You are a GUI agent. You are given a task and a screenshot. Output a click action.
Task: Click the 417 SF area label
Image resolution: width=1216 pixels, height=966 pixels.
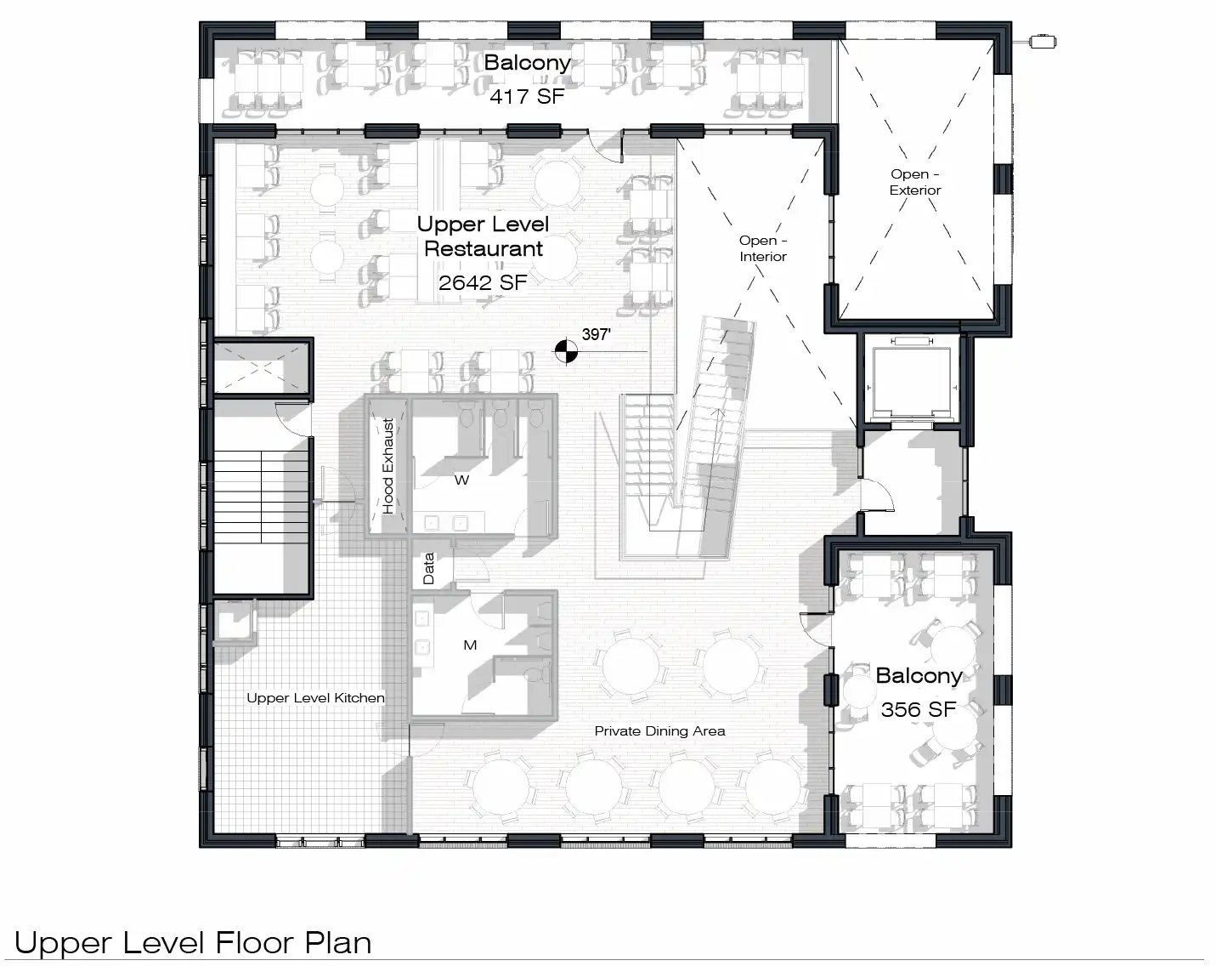click(527, 97)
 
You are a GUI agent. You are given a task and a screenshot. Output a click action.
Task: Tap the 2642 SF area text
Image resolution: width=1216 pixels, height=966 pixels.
click(483, 283)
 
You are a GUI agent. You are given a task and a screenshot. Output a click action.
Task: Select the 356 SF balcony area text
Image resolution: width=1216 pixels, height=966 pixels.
click(919, 709)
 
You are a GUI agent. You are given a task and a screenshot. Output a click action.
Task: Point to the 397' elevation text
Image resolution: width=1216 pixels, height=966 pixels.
click(597, 334)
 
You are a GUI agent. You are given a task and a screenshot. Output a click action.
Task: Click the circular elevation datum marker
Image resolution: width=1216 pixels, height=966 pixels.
click(566, 351)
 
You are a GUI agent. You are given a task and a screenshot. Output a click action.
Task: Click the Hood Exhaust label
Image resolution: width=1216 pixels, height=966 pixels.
click(387, 466)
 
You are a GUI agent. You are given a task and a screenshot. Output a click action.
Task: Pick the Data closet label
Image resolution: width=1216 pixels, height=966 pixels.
click(428, 568)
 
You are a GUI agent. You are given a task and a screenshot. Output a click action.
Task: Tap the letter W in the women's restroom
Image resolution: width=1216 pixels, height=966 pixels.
click(461, 480)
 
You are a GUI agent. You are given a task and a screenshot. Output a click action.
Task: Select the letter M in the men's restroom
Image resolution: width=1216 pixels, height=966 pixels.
click(470, 645)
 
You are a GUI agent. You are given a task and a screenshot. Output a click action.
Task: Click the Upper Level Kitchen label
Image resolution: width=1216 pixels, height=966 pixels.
click(315, 698)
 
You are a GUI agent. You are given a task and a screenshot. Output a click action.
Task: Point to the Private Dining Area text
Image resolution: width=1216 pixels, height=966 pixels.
click(659, 730)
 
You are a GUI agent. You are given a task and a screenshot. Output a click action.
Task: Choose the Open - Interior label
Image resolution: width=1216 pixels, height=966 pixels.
click(763, 248)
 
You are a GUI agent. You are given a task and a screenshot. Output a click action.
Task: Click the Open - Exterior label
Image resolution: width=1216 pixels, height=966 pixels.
click(915, 182)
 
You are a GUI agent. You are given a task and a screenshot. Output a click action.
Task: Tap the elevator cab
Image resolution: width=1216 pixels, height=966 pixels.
click(911, 382)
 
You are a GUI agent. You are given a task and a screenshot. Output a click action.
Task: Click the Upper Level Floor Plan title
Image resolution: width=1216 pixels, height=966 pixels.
click(193, 942)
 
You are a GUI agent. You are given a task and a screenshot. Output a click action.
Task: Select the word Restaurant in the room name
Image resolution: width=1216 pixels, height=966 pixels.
click(484, 249)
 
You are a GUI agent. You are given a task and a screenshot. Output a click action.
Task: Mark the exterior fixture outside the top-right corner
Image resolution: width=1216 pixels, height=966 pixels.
click(1043, 42)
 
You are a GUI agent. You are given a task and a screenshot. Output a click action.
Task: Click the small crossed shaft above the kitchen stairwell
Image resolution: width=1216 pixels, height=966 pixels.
click(261, 367)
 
